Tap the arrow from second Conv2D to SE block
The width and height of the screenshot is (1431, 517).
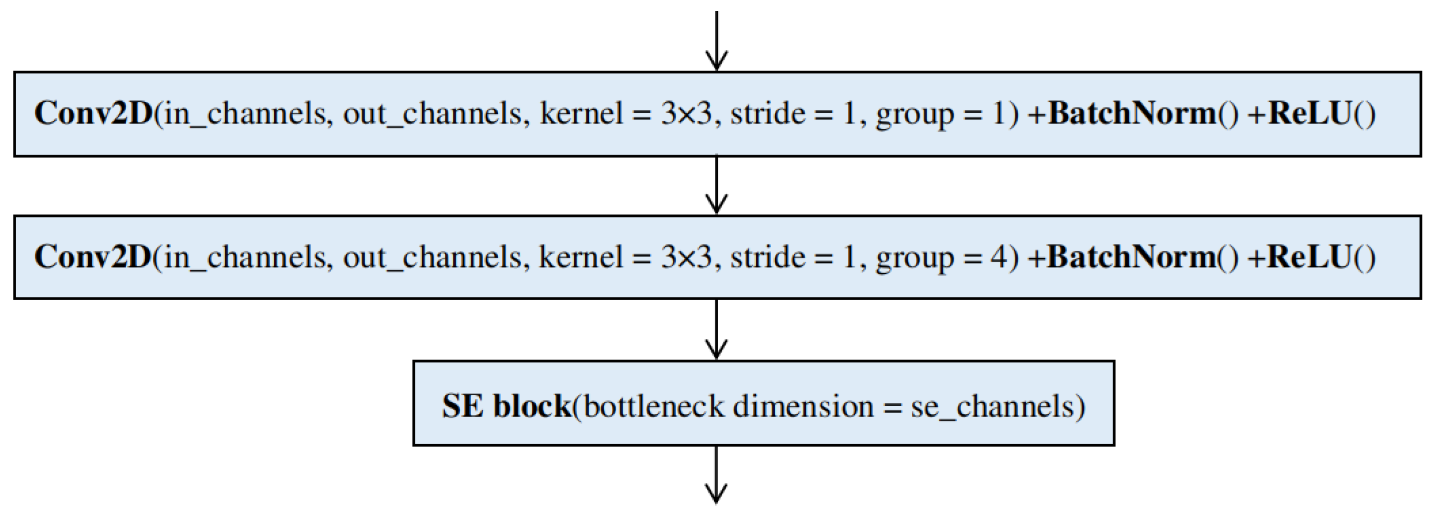716,330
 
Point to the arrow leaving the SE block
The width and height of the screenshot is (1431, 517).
716,474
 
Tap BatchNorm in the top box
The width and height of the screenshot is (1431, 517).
1132,113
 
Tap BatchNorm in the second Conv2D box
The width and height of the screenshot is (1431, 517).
1132,256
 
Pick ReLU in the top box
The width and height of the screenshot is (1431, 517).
1308,113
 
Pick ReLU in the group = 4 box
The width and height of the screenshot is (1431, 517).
1308,256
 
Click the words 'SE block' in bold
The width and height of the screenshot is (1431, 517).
506,406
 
